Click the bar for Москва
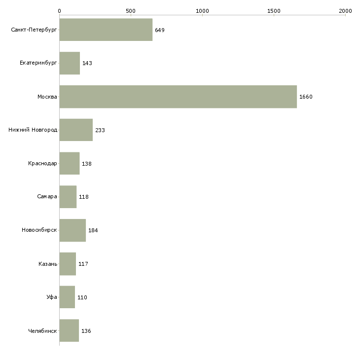[x=178, y=97]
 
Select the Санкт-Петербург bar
[x=106, y=30]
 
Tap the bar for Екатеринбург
[x=70, y=63]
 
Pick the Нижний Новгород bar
[x=76, y=130]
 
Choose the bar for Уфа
[x=67, y=297]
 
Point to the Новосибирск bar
[x=72, y=230]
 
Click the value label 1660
[x=306, y=97]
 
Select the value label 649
[x=160, y=30]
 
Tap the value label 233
[x=100, y=130]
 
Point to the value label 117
[x=83, y=264]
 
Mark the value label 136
[x=86, y=331]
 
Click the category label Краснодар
[x=42, y=163]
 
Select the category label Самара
[x=47, y=197]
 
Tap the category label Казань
[x=48, y=264]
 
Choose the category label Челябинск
[x=42, y=331]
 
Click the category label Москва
[x=47, y=97]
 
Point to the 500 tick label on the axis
[x=131, y=11]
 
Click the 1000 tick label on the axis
[x=202, y=11]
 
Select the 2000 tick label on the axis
[x=345, y=11]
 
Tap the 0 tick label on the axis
[x=60, y=11]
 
